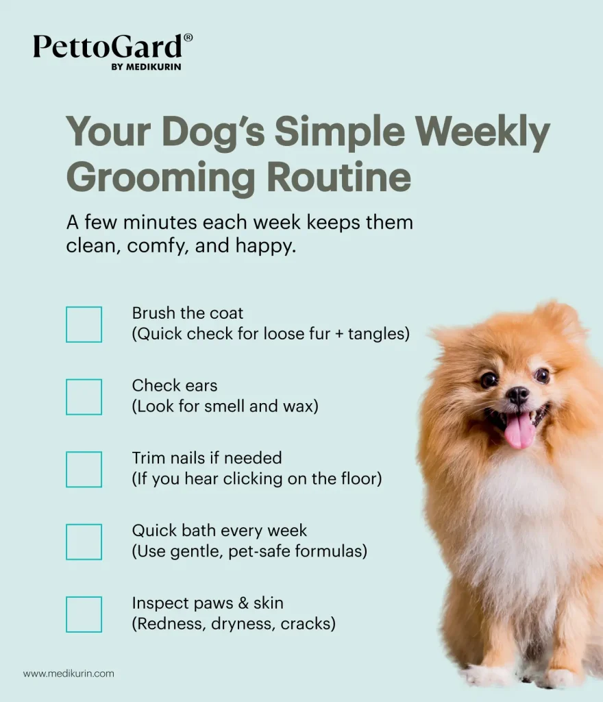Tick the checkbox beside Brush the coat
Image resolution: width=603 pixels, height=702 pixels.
[84, 324]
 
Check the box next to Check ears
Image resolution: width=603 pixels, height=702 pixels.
[84, 397]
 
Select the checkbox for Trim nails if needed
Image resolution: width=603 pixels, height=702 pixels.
[84, 470]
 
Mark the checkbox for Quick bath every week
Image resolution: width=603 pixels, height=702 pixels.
[84, 542]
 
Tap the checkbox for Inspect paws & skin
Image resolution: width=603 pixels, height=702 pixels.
[84, 615]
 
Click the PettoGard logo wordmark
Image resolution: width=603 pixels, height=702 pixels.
[108, 46]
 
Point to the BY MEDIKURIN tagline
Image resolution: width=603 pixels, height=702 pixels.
[146, 67]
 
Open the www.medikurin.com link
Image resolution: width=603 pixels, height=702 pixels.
[69, 673]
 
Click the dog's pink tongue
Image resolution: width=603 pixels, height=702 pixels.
[519, 431]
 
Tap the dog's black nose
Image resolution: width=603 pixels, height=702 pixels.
[518, 396]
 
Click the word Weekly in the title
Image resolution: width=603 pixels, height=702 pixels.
[482, 132]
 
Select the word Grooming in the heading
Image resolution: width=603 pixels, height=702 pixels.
[160, 178]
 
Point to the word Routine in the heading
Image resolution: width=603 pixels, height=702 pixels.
[339, 176]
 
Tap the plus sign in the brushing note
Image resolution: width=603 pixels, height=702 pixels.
[339, 334]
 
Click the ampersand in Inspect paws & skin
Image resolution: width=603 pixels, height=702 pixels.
[243, 603]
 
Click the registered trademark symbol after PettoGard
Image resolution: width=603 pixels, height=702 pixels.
[188, 38]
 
